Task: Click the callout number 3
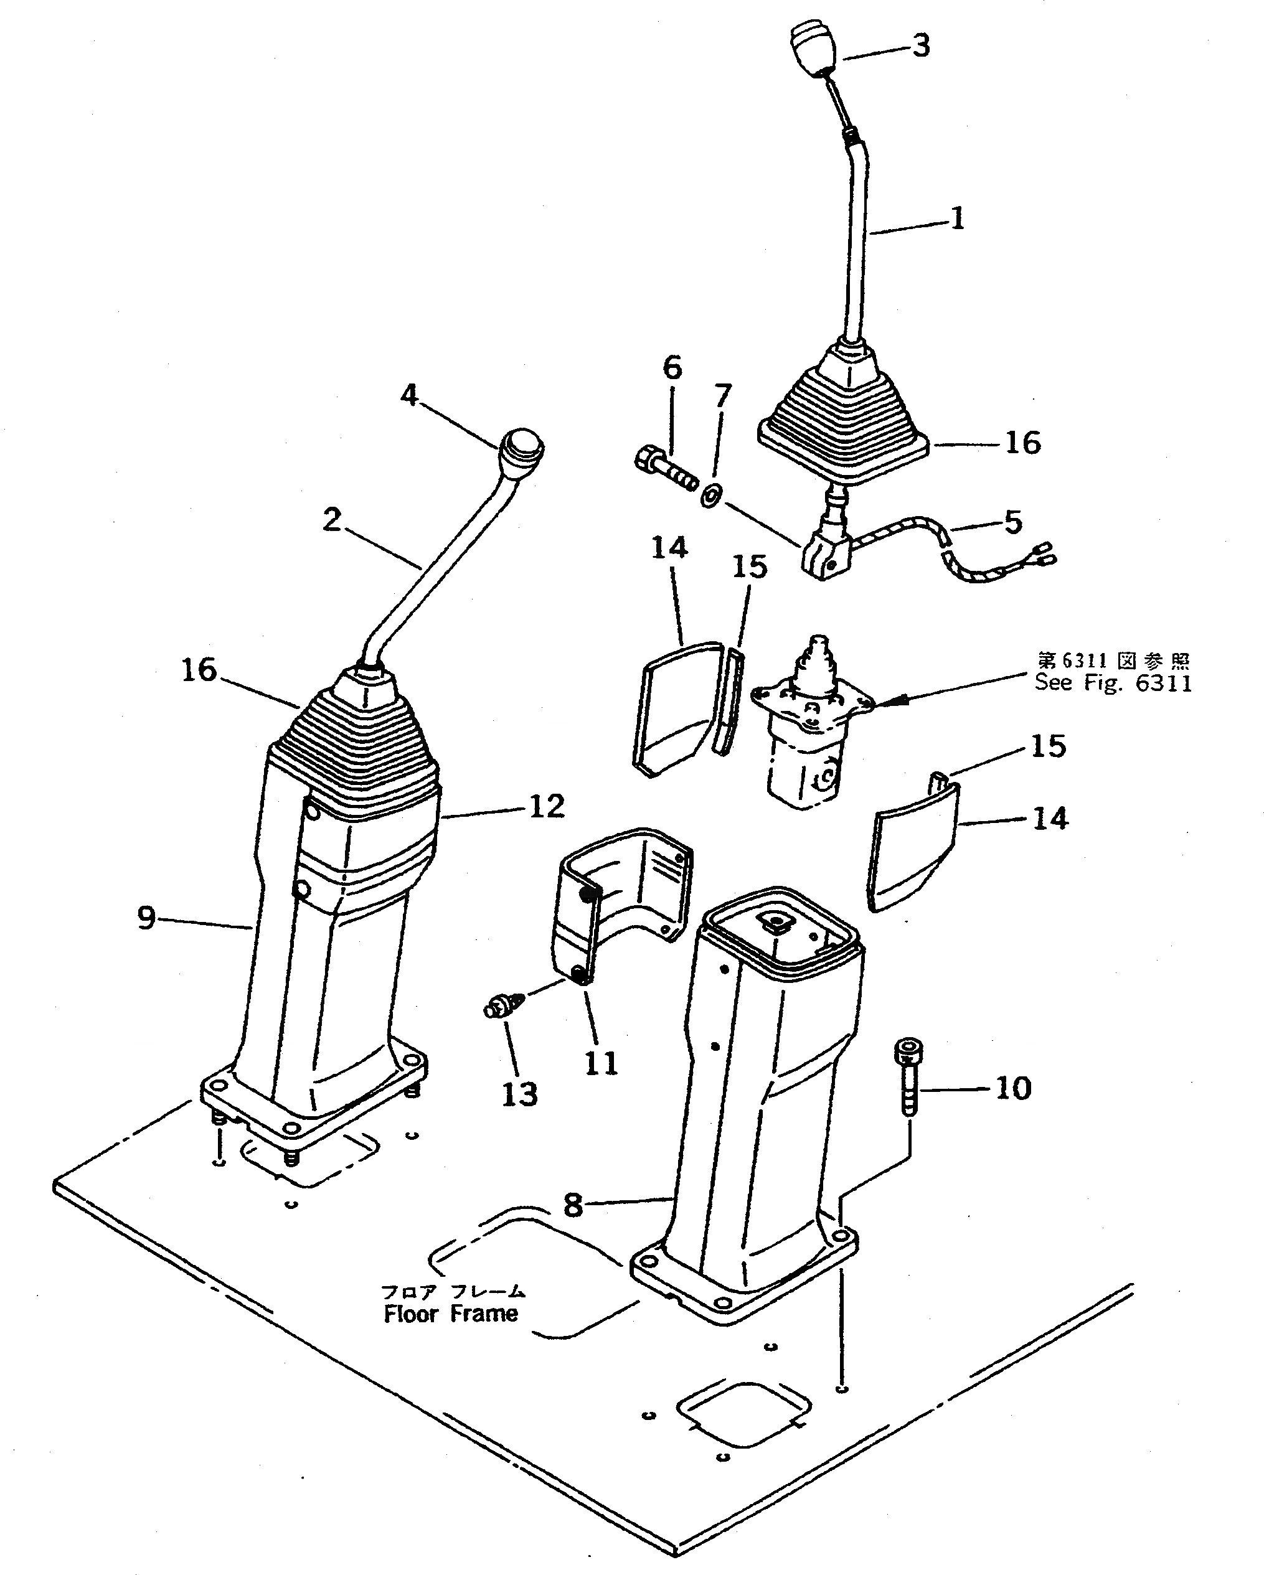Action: [x=922, y=45]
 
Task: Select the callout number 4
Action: [x=409, y=395]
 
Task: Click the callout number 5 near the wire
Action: [x=1012, y=522]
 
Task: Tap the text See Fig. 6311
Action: [x=1113, y=683]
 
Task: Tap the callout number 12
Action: [x=547, y=807]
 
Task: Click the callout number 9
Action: [x=147, y=918]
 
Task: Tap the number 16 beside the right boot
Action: [x=1022, y=443]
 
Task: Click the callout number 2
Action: [x=333, y=520]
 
